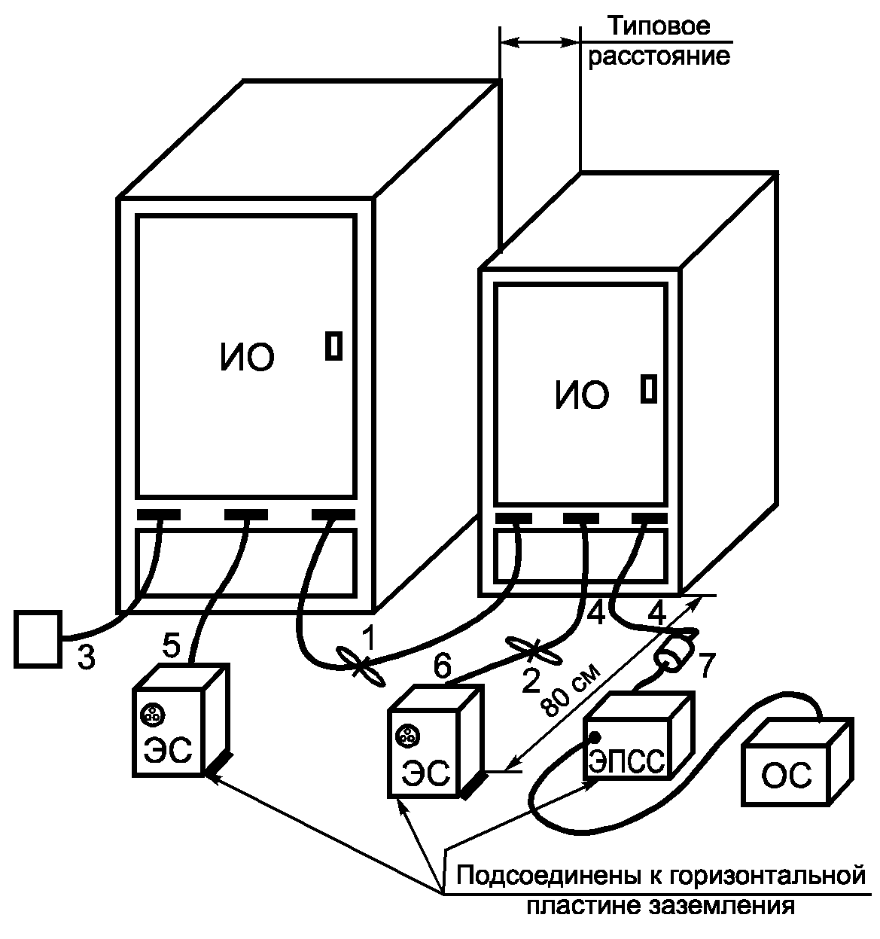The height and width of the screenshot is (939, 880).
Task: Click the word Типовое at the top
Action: [659, 28]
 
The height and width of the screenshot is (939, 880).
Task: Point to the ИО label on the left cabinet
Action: [248, 358]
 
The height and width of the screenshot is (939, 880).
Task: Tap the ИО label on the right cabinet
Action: [582, 395]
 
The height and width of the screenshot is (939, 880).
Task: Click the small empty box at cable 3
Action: [38, 639]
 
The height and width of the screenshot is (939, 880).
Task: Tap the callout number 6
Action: [443, 666]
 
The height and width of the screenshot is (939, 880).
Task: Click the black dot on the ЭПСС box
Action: [595, 736]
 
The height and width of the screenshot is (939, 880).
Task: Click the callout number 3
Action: [87, 657]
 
